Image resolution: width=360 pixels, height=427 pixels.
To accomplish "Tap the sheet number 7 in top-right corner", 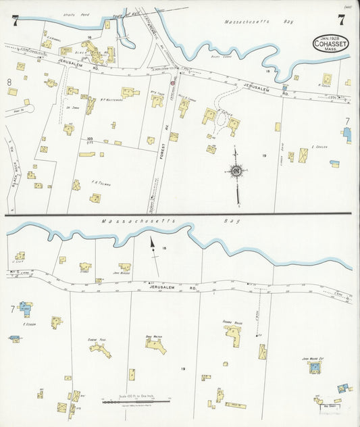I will pos(342,20).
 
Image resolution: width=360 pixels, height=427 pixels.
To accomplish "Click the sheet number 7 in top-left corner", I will pos(14,20).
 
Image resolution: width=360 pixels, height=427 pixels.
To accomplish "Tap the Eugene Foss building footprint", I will pos(99,348).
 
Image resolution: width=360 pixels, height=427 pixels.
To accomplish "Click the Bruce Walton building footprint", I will pos(156,345).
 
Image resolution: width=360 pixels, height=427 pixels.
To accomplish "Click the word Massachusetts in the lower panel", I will pos(129,221).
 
